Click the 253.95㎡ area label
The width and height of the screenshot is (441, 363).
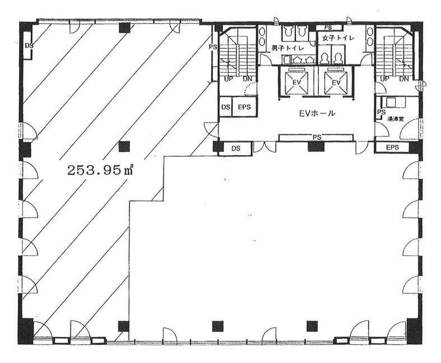100,170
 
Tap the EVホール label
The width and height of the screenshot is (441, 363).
317,113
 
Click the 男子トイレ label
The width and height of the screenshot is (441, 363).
287,48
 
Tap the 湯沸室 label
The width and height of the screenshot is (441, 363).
396,119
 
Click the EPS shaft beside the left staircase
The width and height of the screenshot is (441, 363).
244,107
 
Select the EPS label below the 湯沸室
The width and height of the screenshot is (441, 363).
392,147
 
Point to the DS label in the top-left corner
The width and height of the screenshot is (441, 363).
29,45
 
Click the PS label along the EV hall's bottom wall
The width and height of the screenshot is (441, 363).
317,137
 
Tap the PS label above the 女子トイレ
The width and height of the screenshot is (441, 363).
328,27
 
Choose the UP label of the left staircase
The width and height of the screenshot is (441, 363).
229,80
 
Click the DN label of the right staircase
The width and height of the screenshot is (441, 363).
404,79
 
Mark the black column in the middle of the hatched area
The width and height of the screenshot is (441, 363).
124,147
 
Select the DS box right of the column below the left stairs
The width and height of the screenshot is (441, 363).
236,148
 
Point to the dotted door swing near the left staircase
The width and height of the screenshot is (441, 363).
250,88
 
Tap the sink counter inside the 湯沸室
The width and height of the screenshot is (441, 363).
393,103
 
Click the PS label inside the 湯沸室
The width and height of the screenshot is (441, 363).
381,112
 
